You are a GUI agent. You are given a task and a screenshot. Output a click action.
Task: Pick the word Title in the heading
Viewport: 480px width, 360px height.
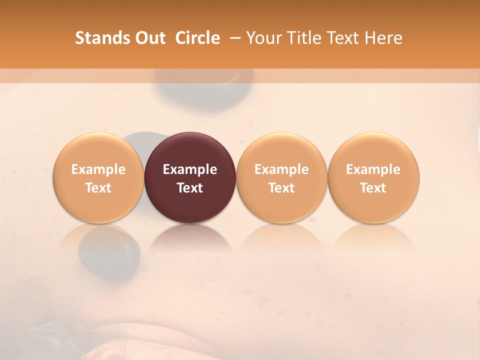click(303, 38)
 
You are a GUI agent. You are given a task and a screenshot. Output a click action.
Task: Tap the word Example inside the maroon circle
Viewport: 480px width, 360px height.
click(190, 169)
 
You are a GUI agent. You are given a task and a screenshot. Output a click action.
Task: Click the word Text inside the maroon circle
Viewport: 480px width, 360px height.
click(190, 188)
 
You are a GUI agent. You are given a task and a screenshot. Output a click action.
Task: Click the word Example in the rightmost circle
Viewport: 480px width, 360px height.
click(373, 169)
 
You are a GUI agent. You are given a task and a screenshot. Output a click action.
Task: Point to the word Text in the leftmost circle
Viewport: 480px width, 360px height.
click(98, 188)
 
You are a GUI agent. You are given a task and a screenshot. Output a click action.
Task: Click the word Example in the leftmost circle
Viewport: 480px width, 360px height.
click(98, 169)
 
